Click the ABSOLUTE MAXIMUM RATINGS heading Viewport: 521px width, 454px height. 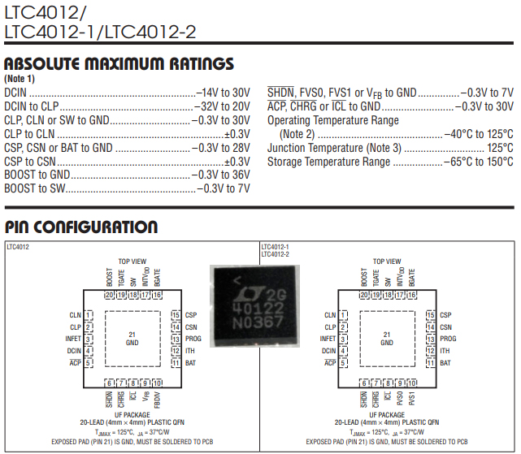[119, 64]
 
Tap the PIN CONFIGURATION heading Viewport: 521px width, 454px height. [80, 227]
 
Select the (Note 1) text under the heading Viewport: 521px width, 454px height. [20, 79]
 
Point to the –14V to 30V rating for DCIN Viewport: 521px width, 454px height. [223, 93]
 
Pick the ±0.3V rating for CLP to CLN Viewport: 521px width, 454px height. [237, 134]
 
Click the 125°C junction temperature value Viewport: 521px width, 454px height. [499, 148]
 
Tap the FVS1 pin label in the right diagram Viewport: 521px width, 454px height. [413, 400]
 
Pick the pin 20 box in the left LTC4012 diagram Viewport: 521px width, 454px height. [108, 295]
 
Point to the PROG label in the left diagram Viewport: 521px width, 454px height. [193, 339]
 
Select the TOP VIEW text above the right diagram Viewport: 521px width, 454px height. [387, 262]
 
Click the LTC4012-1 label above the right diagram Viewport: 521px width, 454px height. [276, 246]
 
